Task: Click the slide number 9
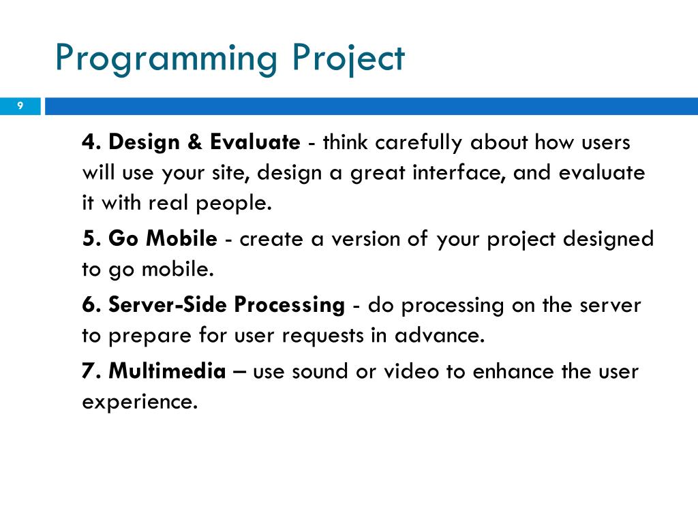[x=20, y=106]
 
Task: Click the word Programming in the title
[x=166, y=59]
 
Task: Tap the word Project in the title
[x=348, y=59]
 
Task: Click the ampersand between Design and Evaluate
[x=194, y=142]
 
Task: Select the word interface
[x=459, y=172]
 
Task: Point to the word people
[x=234, y=204]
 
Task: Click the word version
[x=366, y=239]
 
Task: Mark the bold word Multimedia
[x=168, y=370]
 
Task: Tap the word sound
[x=319, y=371]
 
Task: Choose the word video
[x=411, y=371]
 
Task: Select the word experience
[x=140, y=402]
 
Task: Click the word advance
[x=440, y=335]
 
